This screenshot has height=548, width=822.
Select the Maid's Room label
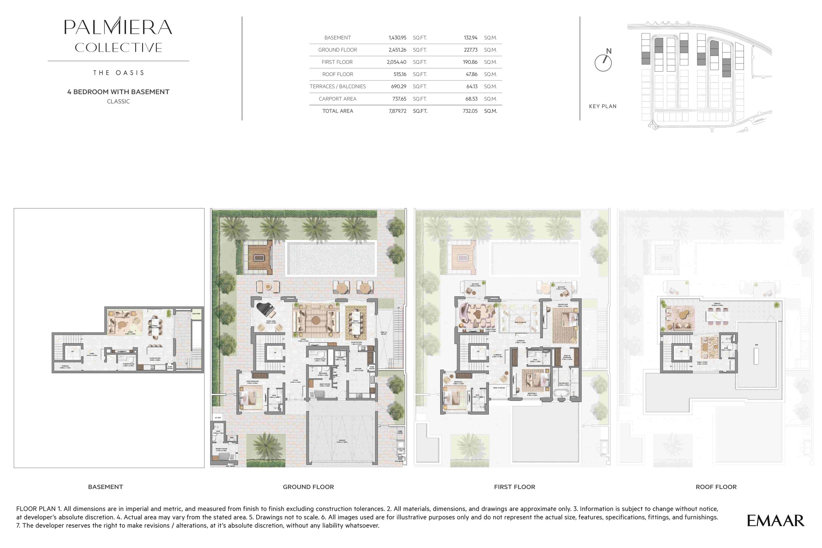tap(325, 385)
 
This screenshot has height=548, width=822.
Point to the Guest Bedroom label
tap(252, 382)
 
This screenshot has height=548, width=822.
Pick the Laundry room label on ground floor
tap(340, 359)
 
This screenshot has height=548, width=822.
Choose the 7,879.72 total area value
tap(398, 111)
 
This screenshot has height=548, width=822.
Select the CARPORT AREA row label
tap(337, 99)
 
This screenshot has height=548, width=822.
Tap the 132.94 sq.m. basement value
tap(470, 38)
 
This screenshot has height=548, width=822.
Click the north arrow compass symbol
tap(603, 63)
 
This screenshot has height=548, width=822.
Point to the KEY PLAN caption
tap(602, 106)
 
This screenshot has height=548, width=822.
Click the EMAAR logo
tap(775, 521)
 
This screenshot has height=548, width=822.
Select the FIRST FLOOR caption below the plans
tap(514, 487)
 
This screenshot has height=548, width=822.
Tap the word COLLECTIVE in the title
tap(118, 47)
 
